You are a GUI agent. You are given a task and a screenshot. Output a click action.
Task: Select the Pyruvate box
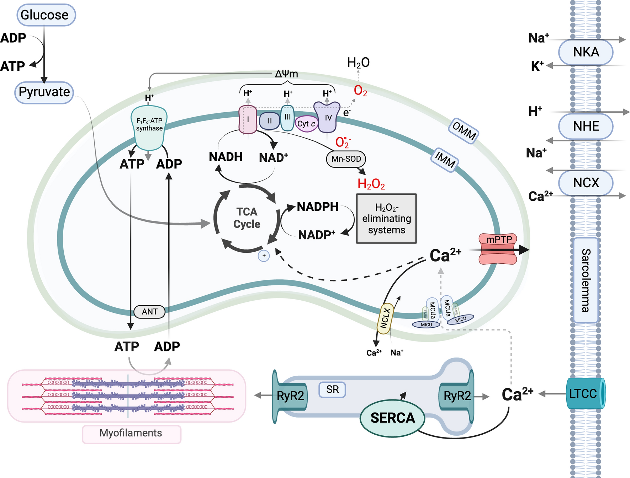[44, 92]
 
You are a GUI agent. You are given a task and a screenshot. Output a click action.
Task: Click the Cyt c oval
[306, 124]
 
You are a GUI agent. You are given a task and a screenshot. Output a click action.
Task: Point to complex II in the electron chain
[269, 121]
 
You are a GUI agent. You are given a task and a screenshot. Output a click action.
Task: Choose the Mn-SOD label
[346, 159]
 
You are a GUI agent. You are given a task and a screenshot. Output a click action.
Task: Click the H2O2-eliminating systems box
[386, 219]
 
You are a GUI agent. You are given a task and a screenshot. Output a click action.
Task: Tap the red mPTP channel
[498, 249]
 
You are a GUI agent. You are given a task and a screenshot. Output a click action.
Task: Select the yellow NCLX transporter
[385, 318]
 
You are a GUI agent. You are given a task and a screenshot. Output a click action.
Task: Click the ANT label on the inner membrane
[149, 312]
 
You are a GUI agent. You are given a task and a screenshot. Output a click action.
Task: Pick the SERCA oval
[392, 418]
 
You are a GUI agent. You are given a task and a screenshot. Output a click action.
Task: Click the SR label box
[332, 390]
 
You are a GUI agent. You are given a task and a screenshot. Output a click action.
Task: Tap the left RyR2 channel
[290, 396]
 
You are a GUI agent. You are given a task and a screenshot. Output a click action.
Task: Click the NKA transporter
[586, 52]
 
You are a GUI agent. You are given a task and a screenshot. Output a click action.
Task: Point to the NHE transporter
[586, 126]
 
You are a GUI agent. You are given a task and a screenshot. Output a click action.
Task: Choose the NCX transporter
[586, 183]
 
